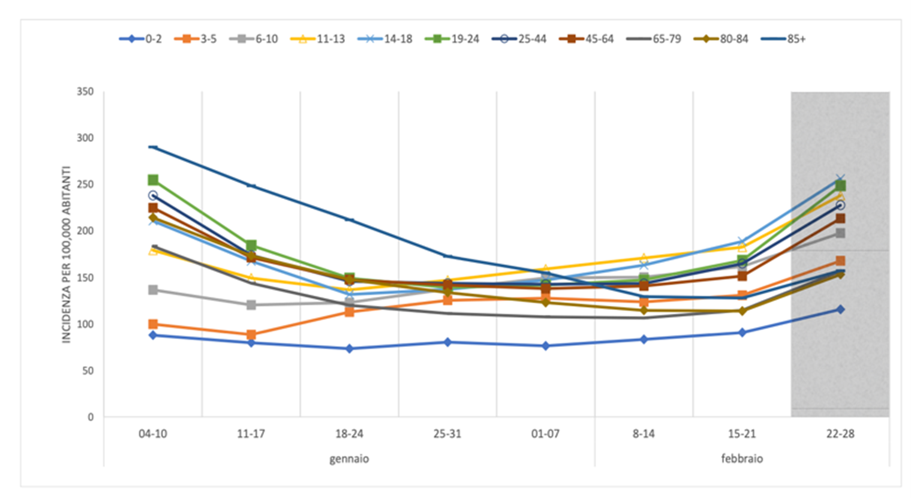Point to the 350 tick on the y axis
85,92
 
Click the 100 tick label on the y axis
85,324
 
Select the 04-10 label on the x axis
153,434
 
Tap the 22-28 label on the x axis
840,434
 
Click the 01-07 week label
545,434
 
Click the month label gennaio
349,459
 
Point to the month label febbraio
742,459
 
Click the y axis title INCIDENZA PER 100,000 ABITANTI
67,254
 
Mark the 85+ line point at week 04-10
153,147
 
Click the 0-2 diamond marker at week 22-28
840,309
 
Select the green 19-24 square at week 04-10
153,180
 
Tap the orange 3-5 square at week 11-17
251,335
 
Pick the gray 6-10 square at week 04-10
153,290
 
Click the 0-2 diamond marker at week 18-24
349,348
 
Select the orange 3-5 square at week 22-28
840,261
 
